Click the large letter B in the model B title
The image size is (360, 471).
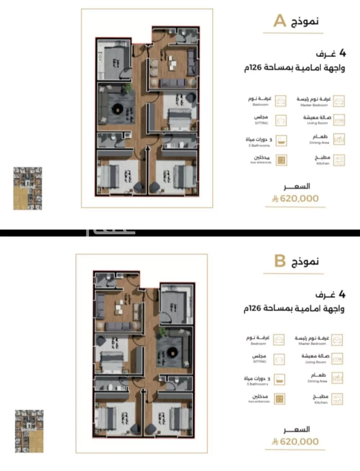pos(280,261)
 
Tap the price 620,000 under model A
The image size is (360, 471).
pos(299,198)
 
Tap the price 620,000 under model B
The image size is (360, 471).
pos(299,441)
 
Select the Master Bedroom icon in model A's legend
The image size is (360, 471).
pos(339,101)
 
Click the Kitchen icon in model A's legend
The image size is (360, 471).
pos(339,160)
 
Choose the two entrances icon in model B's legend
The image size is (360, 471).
pos(279,398)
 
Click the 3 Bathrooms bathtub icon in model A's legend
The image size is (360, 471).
pos(281,140)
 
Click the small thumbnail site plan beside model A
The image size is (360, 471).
pos(28,188)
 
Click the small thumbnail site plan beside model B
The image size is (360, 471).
pos(29,431)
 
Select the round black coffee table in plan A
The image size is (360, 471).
pos(118,108)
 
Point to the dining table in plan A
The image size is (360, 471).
pos(172,63)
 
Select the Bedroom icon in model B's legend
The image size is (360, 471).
pos(279,339)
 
